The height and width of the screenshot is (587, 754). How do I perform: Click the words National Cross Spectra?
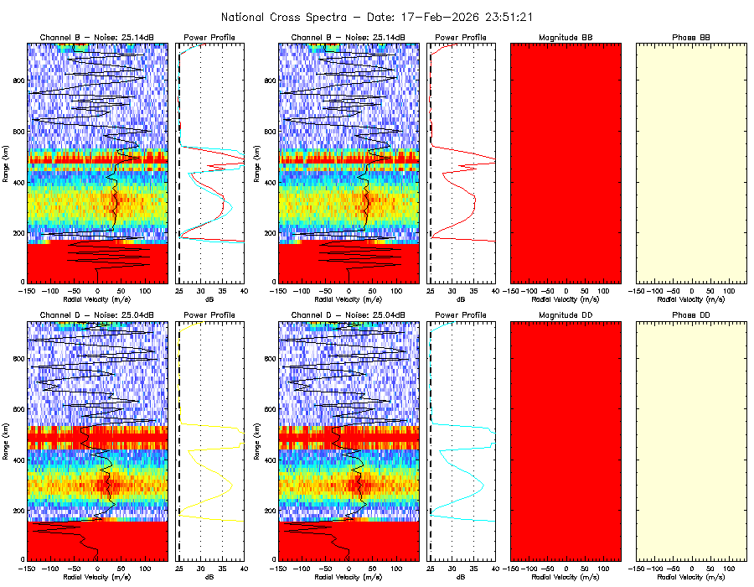(x=271, y=17)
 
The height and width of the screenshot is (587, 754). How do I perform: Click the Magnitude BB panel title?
(x=565, y=38)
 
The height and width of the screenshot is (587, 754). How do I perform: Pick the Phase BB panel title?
(x=691, y=38)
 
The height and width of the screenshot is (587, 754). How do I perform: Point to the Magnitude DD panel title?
(x=565, y=315)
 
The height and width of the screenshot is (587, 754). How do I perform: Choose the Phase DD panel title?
(x=691, y=315)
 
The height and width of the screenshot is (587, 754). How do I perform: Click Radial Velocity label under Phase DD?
(x=691, y=578)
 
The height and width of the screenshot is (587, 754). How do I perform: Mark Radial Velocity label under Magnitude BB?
(x=565, y=299)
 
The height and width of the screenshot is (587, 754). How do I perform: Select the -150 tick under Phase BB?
(x=638, y=291)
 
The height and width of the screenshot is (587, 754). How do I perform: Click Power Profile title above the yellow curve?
(x=210, y=315)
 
